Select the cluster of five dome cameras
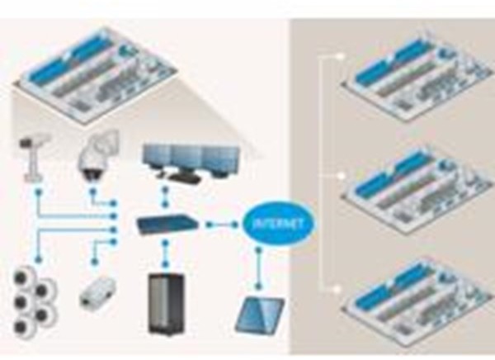35,298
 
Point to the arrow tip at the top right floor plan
342,57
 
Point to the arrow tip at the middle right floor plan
342,174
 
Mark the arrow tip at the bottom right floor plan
342,287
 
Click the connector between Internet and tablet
261,263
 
